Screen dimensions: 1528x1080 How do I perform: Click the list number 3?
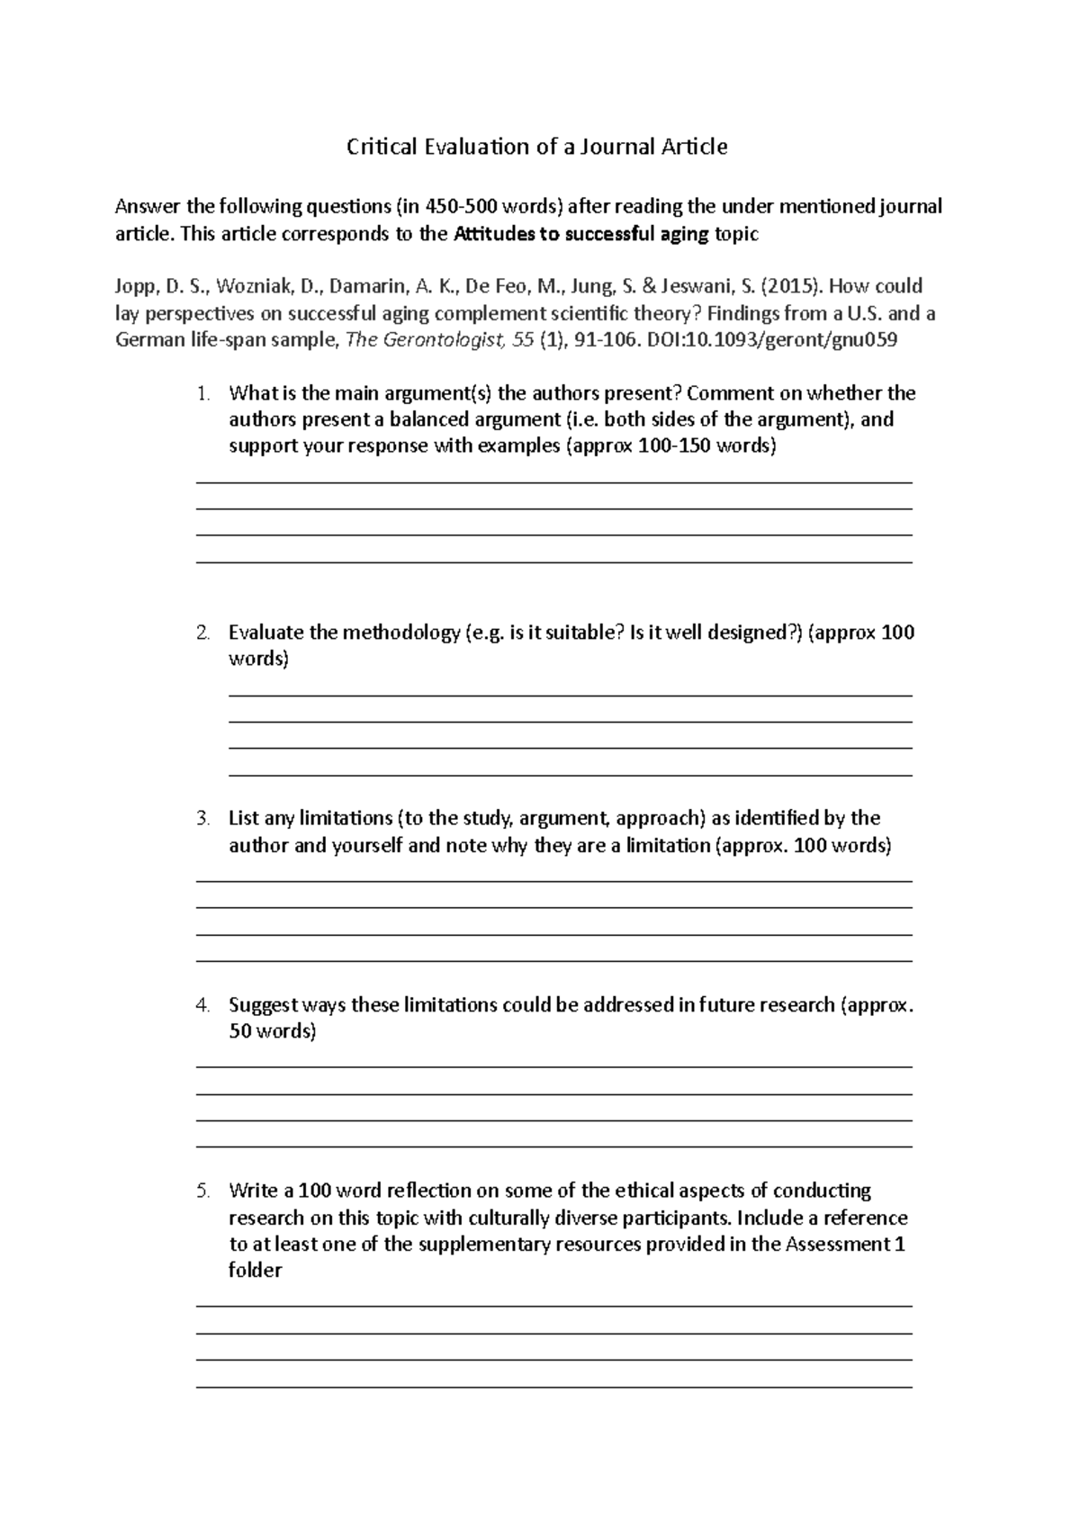pyautogui.click(x=203, y=819)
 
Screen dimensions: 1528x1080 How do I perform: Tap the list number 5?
pyautogui.click(x=203, y=1191)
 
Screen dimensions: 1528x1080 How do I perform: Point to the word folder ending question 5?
pyautogui.click(x=256, y=1272)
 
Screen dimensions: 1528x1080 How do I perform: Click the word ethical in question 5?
pyautogui.click(x=644, y=1191)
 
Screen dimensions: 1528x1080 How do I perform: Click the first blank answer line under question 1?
pyautogui.click(x=553, y=483)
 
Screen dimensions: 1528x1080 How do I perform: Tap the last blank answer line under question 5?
pyautogui.click(x=553, y=1387)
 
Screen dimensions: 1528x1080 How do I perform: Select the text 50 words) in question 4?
pyautogui.click(x=272, y=1032)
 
